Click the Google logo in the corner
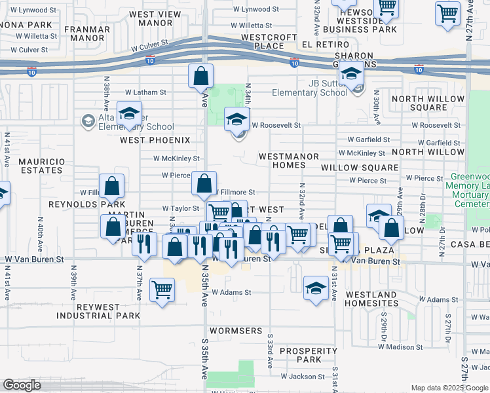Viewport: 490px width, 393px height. pyautogui.click(x=22, y=385)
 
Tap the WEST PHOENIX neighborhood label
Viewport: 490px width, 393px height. pyautogui.click(x=155, y=140)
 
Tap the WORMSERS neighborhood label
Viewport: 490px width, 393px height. pyautogui.click(x=240, y=331)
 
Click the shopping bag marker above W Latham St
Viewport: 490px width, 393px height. pyautogui.click(x=200, y=76)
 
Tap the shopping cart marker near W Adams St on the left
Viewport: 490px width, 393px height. pyautogui.click(x=162, y=289)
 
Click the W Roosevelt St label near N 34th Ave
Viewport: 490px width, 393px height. pyautogui.click(x=276, y=124)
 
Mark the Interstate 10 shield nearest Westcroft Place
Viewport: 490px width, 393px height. pyautogui.click(x=295, y=63)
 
